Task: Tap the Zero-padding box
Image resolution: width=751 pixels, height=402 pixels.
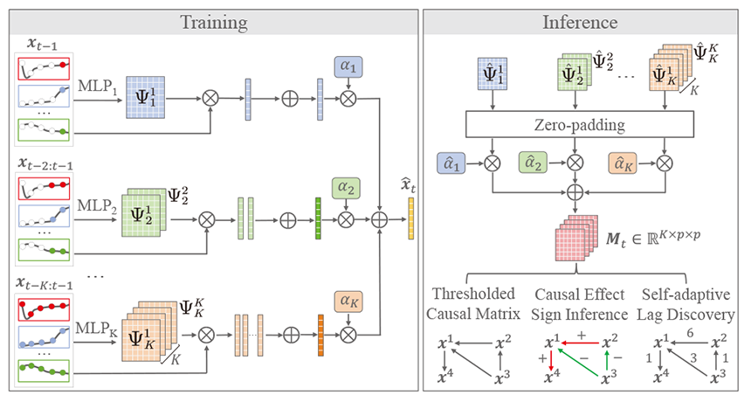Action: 582,125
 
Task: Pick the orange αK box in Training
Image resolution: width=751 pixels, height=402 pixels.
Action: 348,302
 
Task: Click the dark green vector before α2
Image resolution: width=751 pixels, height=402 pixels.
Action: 320,211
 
